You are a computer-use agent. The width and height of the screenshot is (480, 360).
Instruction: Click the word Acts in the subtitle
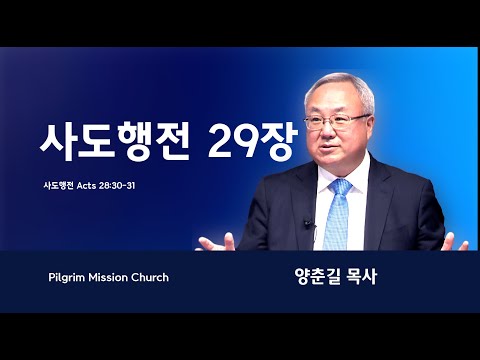[x=87, y=186]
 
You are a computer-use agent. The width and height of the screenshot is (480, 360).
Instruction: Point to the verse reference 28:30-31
[x=117, y=186]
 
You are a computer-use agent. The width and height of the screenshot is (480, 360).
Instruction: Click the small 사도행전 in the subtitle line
[x=58, y=186]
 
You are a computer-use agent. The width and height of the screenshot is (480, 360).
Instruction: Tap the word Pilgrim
[x=67, y=278]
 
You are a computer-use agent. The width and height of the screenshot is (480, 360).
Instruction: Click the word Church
[x=150, y=277]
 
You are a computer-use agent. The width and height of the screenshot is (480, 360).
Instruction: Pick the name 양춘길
[x=314, y=277]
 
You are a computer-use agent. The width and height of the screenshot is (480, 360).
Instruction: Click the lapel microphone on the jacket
[x=308, y=224]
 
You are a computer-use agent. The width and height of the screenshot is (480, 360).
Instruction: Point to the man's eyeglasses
[x=337, y=121]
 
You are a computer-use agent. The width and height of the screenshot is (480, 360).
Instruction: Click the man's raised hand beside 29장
[x=216, y=242]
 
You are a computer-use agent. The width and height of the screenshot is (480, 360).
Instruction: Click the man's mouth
[x=328, y=147]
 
